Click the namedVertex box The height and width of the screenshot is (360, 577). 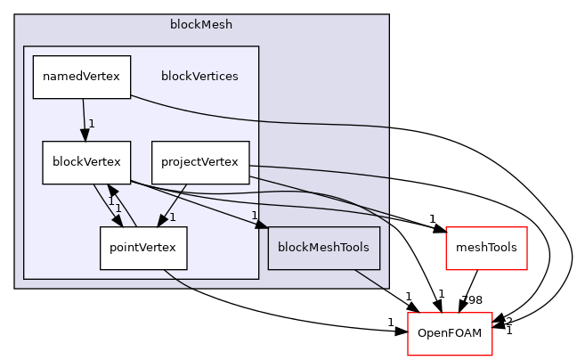click(82, 77)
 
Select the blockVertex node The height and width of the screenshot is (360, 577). click(86, 163)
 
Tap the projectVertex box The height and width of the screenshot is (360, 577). click(200, 162)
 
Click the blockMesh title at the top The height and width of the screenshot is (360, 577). click(201, 24)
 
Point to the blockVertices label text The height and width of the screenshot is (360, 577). click(199, 77)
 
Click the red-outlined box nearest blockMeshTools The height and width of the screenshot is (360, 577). click(486, 249)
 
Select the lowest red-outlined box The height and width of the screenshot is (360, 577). click(450, 334)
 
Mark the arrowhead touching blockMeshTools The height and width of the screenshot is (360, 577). click(262, 224)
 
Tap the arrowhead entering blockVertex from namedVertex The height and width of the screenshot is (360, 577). click(85, 135)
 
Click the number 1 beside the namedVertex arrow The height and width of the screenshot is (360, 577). click(91, 124)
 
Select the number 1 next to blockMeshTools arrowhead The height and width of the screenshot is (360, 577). click(254, 215)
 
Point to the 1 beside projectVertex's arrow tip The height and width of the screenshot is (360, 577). click(172, 217)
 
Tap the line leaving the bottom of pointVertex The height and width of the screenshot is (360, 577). click(178, 279)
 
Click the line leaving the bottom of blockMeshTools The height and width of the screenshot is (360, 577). click(370, 278)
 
